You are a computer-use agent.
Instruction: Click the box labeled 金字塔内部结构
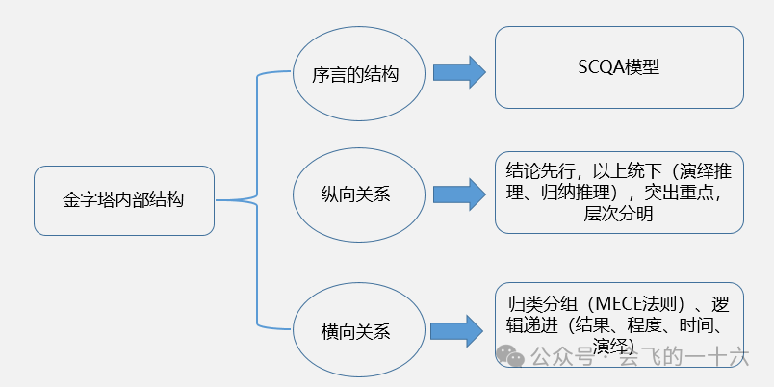(x=123, y=201)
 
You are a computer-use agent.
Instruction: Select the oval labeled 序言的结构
(x=355, y=73)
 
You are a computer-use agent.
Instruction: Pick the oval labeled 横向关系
(x=355, y=330)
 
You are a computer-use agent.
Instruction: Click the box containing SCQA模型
(x=619, y=67)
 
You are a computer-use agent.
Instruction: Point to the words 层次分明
(x=619, y=215)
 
